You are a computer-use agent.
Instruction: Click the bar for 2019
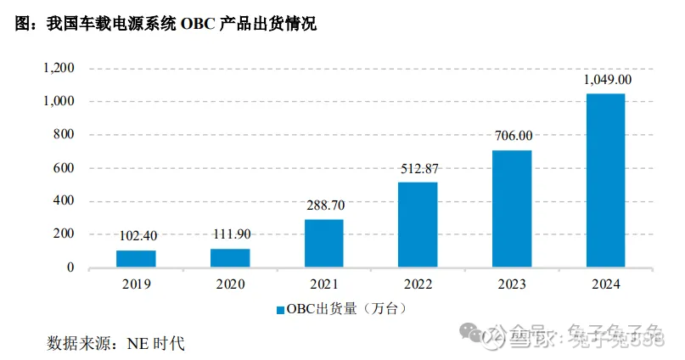136,259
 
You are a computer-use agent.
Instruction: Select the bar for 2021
324,244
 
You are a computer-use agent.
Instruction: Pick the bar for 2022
418,225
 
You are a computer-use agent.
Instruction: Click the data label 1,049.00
607,80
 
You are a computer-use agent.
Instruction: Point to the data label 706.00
514,136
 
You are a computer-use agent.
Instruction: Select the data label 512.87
419,168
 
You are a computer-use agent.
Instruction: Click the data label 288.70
325,205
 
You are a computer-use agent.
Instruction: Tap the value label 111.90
231,235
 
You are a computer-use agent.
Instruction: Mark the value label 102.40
137,237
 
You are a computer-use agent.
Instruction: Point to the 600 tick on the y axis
65,168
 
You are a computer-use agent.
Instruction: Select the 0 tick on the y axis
70,268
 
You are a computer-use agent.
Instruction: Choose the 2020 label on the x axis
230,285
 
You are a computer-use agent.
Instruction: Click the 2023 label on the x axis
512,285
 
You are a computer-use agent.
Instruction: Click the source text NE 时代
155,344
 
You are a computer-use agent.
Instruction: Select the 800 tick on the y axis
65,135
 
